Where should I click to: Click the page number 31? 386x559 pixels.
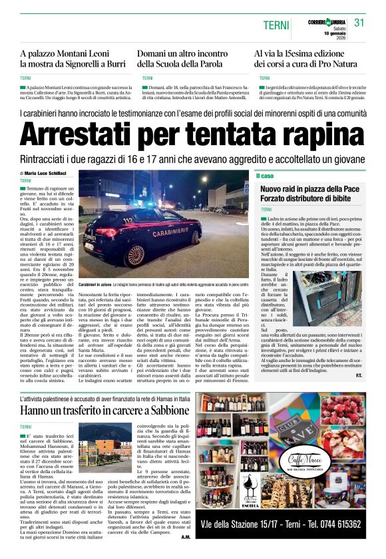click(360, 23)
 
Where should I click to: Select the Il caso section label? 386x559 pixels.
click(265, 176)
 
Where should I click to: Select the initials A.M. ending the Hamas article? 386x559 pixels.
click(186, 536)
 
